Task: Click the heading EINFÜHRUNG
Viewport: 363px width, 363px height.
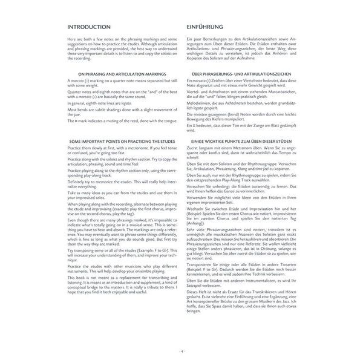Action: coord(208,27)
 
